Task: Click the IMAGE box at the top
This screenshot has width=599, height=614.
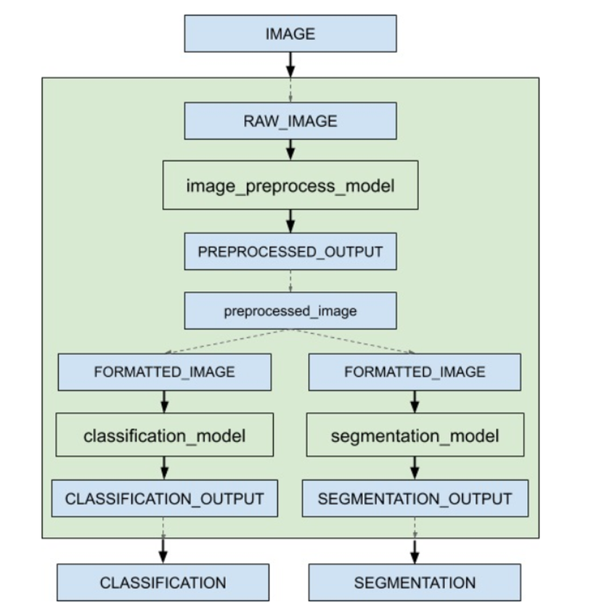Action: pos(290,34)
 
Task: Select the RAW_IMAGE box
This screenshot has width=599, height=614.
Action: pos(290,120)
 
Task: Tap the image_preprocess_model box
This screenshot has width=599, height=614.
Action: pos(290,186)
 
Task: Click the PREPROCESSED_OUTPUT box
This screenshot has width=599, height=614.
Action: pos(290,252)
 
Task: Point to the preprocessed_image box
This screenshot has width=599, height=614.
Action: pos(290,311)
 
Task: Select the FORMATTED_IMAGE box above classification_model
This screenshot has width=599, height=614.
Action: pos(164,372)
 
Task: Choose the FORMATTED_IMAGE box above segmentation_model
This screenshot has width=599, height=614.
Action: pos(415,372)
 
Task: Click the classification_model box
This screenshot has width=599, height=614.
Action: pos(164,435)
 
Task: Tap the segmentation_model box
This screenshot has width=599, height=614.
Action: pos(415,435)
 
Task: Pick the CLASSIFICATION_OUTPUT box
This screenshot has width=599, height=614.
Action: pos(164,499)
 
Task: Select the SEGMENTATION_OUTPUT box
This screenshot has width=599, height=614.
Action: pos(415,499)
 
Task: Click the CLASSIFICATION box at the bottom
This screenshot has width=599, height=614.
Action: pos(163,583)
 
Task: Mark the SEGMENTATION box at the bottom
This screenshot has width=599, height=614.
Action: pos(415,583)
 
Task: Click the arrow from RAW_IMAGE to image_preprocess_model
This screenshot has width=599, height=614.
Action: pos(290,150)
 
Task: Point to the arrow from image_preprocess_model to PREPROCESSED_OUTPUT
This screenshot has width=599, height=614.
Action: pos(290,221)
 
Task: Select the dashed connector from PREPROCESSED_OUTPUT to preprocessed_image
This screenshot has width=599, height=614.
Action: pos(290,281)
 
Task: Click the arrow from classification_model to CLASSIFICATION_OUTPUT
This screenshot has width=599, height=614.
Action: pos(164,468)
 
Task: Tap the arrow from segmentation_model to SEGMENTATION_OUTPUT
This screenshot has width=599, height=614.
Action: pos(415,468)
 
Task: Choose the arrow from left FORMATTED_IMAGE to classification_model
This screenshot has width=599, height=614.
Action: pos(164,401)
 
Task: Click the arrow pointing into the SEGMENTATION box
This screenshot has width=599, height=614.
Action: pos(415,551)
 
